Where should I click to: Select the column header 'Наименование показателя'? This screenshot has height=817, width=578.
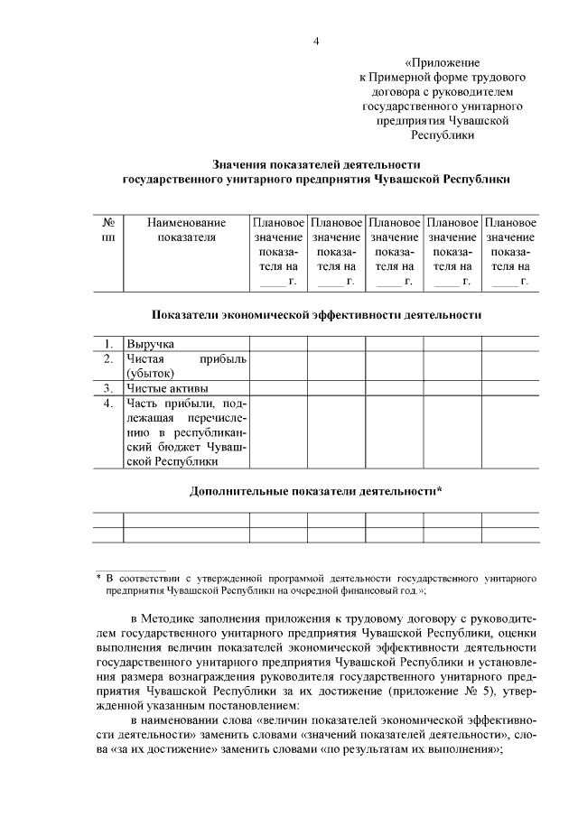[186, 229]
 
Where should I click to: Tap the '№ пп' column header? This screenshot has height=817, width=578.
[108, 229]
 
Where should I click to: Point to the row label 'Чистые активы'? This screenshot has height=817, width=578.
[165, 388]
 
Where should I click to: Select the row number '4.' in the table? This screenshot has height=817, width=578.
[108, 403]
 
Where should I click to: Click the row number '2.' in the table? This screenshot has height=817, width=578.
[108, 358]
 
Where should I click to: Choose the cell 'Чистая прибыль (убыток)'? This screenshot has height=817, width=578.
[186, 366]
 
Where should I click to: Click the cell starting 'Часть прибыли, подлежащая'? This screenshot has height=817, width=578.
[186, 432]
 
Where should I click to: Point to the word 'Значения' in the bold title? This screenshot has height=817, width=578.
[238, 164]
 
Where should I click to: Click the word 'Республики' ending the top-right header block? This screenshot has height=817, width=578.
[443, 135]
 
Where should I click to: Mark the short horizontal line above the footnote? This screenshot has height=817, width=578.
[131, 566]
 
